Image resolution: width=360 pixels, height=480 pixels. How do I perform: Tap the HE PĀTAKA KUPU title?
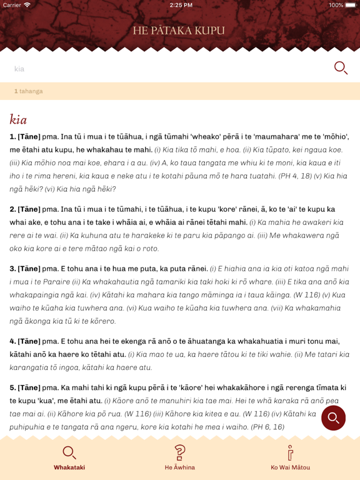click(179, 31)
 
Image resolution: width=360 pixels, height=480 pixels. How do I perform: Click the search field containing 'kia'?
click(169, 69)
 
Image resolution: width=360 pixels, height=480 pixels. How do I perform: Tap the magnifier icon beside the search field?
click(341, 67)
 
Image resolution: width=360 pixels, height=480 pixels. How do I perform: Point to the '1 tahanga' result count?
click(29, 91)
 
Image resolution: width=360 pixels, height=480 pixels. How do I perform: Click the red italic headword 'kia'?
click(18, 119)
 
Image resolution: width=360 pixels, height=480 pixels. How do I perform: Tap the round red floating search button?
click(333, 417)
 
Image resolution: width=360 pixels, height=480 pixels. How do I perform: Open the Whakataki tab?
click(69, 458)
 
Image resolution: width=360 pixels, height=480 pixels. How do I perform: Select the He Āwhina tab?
click(180, 458)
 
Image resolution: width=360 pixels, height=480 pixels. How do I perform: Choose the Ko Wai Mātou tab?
click(290, 458)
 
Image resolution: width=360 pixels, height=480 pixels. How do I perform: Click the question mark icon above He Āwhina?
click(180, 452)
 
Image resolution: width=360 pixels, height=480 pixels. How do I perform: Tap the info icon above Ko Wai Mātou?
click(290, 452)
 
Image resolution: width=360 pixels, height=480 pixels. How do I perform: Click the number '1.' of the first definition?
click(13, 136)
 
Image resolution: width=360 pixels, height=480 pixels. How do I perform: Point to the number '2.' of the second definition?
click(13, 209)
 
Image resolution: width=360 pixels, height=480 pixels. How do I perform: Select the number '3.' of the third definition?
click(13, 269)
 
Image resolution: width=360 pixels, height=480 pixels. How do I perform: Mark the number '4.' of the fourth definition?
click(13, 341)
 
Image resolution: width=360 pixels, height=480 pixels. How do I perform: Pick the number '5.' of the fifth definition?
click(13, 387)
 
